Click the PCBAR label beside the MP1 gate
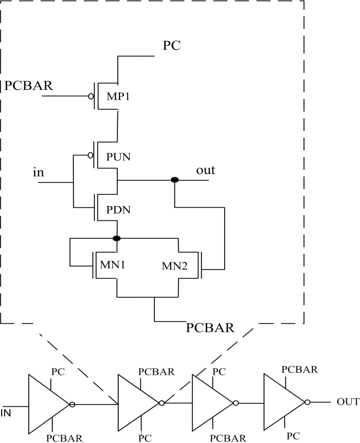click(29, 85)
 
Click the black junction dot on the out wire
click(175, 180)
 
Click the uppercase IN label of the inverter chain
click(7, 412)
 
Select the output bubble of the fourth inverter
click(307, 402)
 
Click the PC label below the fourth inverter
click(293, 436)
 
